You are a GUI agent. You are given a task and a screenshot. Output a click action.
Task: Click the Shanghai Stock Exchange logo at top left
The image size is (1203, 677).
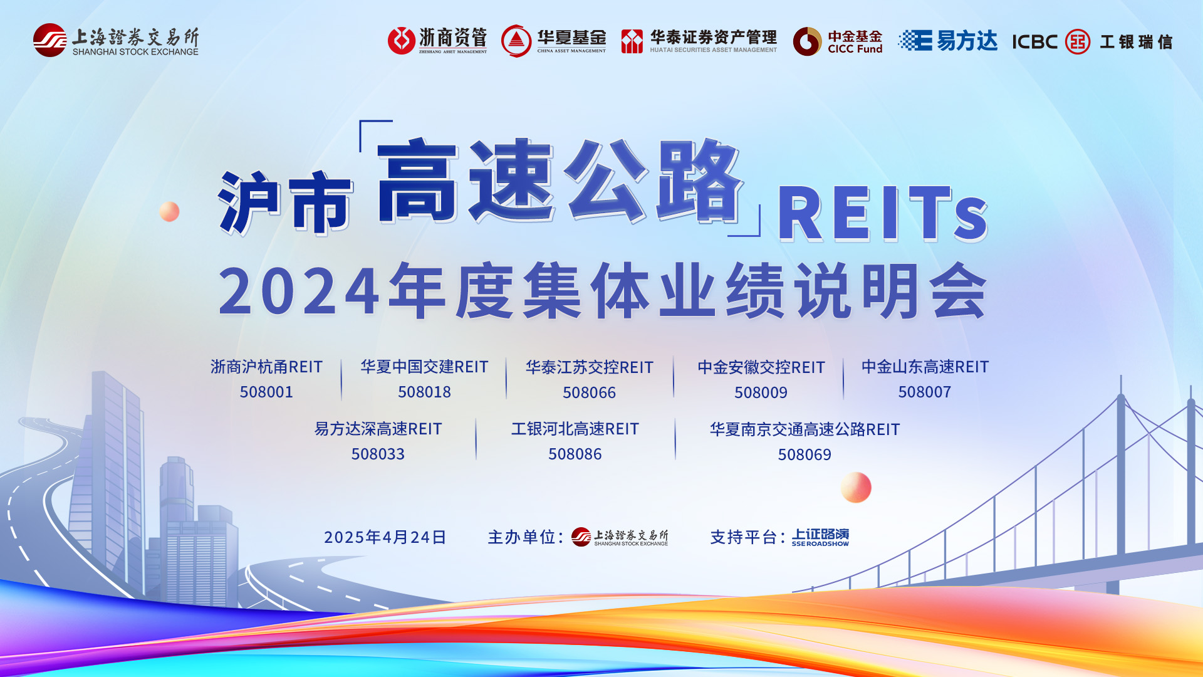[116, 41]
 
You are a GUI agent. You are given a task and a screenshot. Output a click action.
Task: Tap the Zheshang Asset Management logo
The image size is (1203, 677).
[437, 41]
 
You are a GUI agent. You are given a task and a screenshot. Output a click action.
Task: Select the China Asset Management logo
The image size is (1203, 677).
[554, 41]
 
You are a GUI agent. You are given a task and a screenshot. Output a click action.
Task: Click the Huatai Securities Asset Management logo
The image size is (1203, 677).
[699, 41]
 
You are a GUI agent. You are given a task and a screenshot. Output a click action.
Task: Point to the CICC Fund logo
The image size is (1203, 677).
[838, 41]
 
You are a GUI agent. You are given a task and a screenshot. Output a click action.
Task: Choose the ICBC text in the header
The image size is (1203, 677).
[1034, 42]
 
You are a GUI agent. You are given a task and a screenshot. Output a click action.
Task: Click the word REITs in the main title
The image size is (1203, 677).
[883, 214]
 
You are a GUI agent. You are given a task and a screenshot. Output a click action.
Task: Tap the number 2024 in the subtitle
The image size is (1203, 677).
[299, 291]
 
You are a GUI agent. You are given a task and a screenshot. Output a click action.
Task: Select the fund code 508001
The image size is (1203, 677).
[266, 392]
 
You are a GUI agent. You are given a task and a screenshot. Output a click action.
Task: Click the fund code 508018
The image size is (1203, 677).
[424, 392]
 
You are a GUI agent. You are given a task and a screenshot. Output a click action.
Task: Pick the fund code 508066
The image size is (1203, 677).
[589, 392]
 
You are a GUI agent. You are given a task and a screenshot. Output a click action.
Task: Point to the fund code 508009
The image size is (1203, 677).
[761, 392]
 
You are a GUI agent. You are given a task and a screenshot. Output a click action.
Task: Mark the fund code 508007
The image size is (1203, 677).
[925, 392]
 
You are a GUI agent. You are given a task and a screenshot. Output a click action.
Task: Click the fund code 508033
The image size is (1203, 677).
[378, 454]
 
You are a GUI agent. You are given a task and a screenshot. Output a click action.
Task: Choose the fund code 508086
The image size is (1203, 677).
[575, 454]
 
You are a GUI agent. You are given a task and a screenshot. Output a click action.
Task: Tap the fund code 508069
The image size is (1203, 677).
[805, 454]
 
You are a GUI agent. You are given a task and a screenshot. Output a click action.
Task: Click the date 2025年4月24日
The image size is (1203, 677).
[385, 537]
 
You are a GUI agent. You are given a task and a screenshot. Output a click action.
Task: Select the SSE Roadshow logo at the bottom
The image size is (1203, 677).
[820, 537]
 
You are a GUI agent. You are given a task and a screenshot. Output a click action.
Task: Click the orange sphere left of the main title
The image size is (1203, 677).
[169, 212]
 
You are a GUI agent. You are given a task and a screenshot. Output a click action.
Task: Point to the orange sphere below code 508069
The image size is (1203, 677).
[856, 487]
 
